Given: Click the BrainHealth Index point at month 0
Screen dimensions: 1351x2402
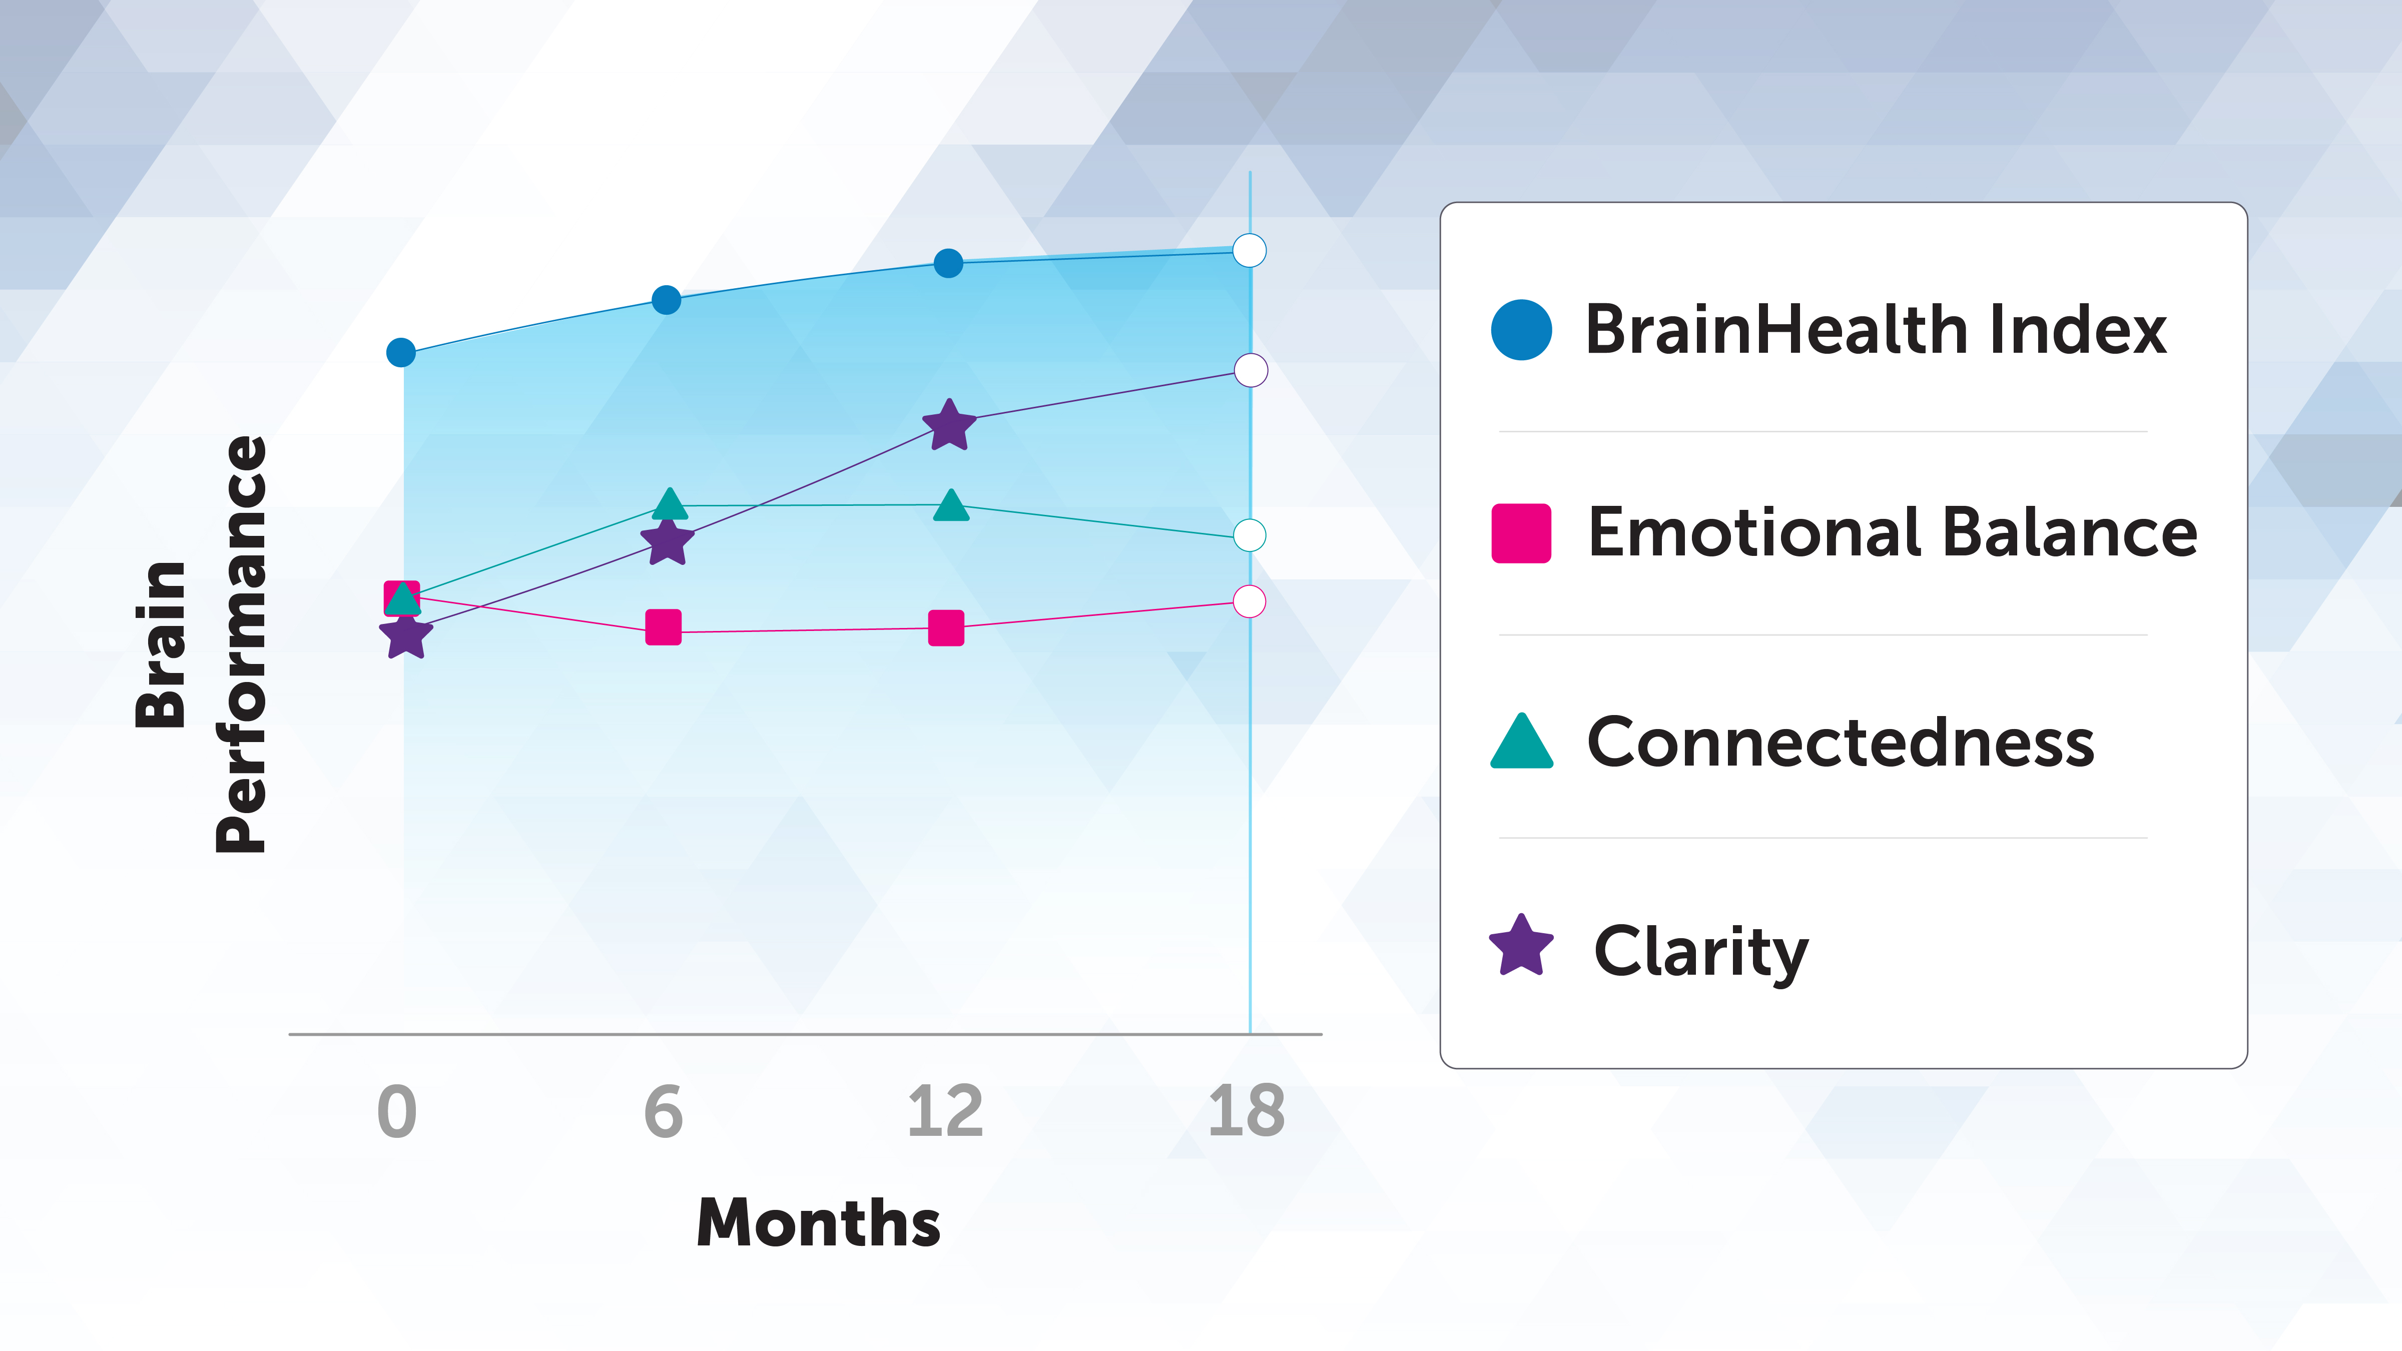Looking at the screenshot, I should tap(401, 352).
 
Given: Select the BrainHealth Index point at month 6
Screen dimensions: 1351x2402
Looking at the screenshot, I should tap(666, 300).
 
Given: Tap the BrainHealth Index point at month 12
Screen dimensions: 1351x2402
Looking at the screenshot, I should tap(948, 264).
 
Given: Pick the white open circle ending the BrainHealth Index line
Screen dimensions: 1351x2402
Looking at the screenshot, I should tap(1250, 251).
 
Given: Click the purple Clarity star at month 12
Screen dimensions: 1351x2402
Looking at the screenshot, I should tap(949, 426).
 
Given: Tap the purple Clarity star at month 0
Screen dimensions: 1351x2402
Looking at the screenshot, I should tap(406, 636).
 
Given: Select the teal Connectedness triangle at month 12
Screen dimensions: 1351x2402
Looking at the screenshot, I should tap(951, 506).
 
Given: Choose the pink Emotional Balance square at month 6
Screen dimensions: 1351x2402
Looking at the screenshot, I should tap(664, 627).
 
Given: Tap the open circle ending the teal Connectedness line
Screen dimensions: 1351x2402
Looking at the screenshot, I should tap(1250, 535).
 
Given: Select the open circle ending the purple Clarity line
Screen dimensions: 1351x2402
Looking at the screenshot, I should tap(1251, 370).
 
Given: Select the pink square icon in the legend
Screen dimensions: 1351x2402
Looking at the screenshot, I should tap(1521, 533).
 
